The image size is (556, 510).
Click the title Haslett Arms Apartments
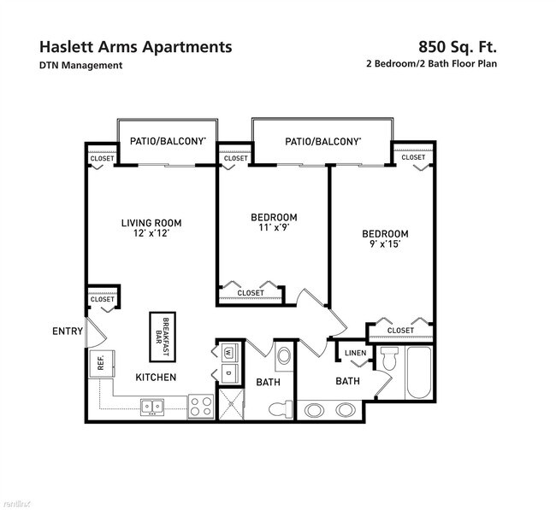point(135,46)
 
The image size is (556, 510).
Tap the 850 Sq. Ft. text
point(458,46)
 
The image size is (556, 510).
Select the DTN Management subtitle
point(80,65)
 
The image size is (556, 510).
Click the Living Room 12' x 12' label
point(151,228)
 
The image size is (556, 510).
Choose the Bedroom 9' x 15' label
point(384,238)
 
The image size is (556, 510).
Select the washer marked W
point(228,352)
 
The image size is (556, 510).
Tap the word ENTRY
point(68,331)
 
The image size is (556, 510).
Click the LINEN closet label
point(355,353)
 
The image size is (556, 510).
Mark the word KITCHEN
point(155,377)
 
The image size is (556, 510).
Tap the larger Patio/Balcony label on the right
point(322,142)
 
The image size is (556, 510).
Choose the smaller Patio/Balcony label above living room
point(168,142)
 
